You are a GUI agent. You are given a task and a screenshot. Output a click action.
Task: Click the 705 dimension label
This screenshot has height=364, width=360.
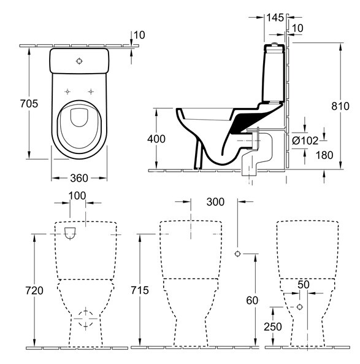coord(29,104)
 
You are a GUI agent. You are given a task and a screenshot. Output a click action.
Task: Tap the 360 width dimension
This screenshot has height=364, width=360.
coord(79,178)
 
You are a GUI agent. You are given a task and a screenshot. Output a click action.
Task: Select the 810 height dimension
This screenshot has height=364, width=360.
coord(340,106)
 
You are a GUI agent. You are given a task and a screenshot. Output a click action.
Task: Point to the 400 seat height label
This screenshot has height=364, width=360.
coord(156,139)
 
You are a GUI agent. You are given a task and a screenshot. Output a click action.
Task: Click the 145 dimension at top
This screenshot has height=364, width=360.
coord(275,18)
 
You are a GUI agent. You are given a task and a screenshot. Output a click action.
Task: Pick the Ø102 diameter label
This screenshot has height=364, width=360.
coord(305,141)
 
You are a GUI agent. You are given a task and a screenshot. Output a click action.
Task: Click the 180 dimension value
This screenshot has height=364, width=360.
coord(324,155)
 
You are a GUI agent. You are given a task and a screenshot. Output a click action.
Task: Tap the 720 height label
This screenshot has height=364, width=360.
coord(34,290)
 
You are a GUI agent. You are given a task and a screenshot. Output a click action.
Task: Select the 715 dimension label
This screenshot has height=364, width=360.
coord(140,290)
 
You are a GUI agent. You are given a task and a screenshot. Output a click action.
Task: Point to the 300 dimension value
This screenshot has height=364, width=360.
coord(215,202)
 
